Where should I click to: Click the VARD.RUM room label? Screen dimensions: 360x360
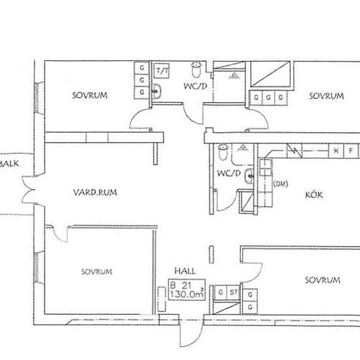click(95, 192)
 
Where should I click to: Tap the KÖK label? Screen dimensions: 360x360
click(314, 194)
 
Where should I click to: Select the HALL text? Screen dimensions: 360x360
click(185, 271)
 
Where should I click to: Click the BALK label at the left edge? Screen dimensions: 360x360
click(9, 164)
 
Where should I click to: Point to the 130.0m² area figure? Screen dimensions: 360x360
click(187, 294)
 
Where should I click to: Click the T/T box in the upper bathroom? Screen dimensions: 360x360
click(162, 71)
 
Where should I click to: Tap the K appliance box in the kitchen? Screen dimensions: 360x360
click(336, 151)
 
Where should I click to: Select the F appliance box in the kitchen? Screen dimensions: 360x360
click(351, 151)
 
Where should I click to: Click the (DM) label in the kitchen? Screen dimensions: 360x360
click(281, 184)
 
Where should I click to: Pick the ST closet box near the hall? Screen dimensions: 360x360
click(234, 293)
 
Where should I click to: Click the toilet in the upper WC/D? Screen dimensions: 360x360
click(196, 69)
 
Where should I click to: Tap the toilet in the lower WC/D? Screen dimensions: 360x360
click(223, 152)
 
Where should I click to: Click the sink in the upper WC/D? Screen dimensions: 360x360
click(157, 91)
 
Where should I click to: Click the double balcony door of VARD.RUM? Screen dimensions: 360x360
click(29, 190)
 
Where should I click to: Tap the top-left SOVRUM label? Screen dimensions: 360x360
click(90, 96)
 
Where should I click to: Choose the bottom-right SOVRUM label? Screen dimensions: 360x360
click(322, 280)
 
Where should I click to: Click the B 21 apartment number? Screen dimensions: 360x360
click(181, 285)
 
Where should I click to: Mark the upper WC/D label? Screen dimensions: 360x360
click(196, 86)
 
